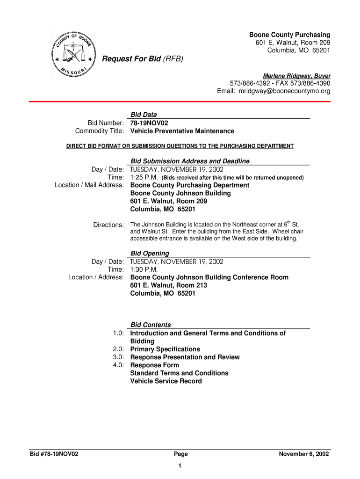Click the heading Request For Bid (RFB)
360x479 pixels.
[x=143, y=59]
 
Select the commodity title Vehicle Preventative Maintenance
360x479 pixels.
[x=182, y=131]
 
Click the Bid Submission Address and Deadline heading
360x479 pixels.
[x=190, y=161]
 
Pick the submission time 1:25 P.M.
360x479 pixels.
[x=145, y=177]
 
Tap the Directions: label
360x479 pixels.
[x=108, y=225]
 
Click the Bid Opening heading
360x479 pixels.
[x=150, y=254]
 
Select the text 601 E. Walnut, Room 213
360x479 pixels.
[x=168, y=285]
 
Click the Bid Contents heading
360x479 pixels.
[x=151, y=325]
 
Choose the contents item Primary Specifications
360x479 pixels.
[x=165, y=349]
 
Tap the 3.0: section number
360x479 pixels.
[x=118, y=357]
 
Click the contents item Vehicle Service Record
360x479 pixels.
[x=166, y=381]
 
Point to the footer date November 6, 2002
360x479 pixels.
[x=304, y=454]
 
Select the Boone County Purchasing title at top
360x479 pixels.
[x=289, y=35]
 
